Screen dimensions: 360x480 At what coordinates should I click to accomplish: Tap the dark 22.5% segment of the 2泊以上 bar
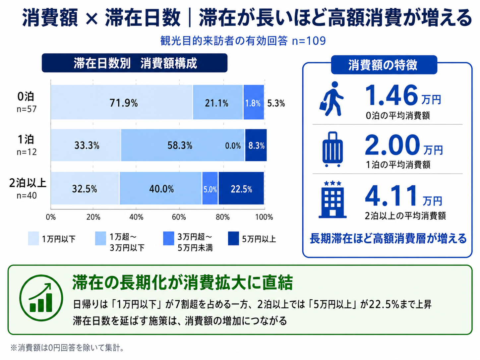[241, 189]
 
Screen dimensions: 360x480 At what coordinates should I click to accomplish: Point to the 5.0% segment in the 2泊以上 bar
[210, 189]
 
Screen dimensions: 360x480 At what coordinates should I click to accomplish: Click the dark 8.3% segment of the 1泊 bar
[256, 145]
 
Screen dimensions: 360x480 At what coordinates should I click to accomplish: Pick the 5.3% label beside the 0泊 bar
[276, 103]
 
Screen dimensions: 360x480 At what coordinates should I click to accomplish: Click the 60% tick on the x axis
[179, 217]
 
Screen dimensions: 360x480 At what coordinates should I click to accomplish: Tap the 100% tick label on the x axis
[264, 217]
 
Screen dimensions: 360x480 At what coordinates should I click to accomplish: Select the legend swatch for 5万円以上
[233, 239]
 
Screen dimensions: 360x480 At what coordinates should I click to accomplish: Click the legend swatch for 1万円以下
[33, 239]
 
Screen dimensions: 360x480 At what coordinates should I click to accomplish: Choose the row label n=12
[27, 152]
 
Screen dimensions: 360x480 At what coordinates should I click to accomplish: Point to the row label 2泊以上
[28, 183]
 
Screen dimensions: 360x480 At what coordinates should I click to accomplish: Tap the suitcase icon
[332, 150]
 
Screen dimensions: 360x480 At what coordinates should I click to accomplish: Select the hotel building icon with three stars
[332, 200]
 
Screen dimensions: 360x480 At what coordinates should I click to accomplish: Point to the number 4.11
[391, 196]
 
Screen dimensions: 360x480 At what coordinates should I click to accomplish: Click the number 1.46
[391, 95]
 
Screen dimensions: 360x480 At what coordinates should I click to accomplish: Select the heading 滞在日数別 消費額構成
[135, 63]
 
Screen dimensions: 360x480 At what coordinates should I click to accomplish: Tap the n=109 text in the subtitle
[309, 41]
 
